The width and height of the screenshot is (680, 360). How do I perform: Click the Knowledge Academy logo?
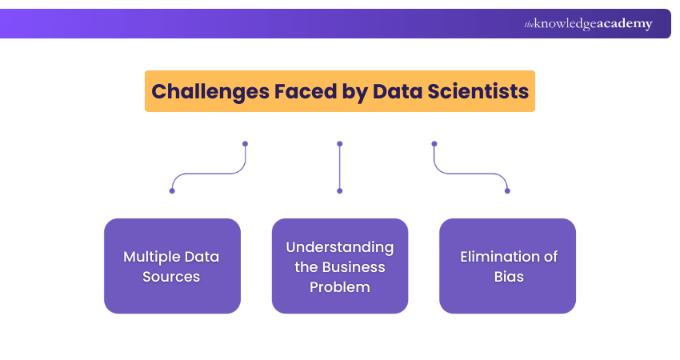[588, 24]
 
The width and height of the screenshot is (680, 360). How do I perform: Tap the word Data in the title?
[398, 91]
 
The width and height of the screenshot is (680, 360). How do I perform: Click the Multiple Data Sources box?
[172, 266]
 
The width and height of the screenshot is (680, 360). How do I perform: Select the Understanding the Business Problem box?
[340, 266]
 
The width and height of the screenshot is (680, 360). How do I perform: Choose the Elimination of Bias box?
[507, 266]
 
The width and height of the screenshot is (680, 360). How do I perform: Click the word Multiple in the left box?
[150, 257]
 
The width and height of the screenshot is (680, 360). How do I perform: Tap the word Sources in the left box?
[171, 277]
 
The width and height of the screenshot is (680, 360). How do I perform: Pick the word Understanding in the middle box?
[340, 246]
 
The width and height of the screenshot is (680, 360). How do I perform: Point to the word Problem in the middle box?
[340, 286]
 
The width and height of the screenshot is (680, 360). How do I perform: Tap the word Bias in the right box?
[508, 277]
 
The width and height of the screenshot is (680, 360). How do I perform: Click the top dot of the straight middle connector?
[340, 144]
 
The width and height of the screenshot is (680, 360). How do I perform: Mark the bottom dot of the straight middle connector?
[340, 190]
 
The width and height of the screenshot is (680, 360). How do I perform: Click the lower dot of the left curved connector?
[172, 190]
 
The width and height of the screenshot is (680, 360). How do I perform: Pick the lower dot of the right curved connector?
[507, 190]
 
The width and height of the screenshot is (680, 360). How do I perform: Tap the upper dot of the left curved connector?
[245, 144]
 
